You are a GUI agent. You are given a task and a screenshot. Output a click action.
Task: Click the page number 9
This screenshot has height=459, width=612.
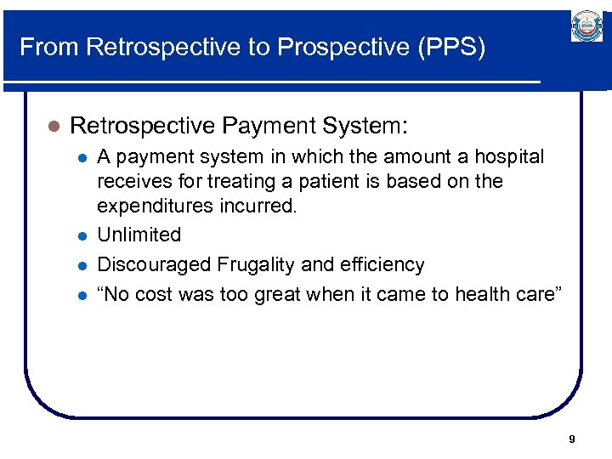pyautogui.click(x=571, y=439)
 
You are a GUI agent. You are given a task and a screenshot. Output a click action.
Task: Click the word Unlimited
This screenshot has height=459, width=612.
pyautogui.click(x=139, y=235)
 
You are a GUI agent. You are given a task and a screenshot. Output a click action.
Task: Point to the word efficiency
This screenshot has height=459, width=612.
pyautogui.click(x=382, y=264)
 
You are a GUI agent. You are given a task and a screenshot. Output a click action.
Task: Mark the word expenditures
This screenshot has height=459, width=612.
pyautogui.click(x=151, y=205)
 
